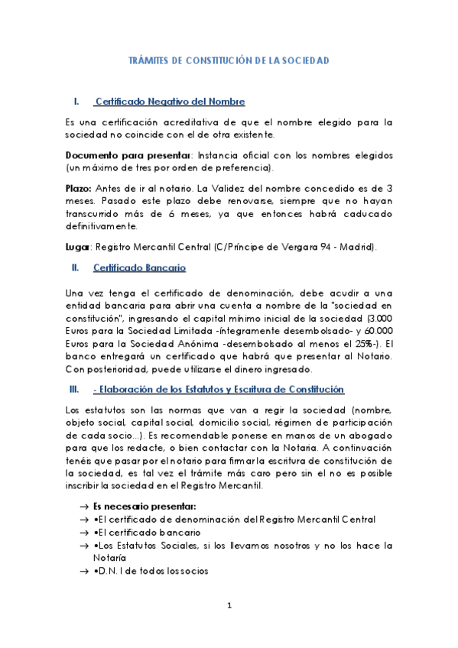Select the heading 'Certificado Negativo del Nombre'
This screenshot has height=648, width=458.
(x=170, y=102)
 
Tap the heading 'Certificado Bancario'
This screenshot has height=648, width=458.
(x=139, y=267)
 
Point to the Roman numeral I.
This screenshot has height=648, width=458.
(x=74, y=102)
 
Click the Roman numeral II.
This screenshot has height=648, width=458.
(x=74, y=267)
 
